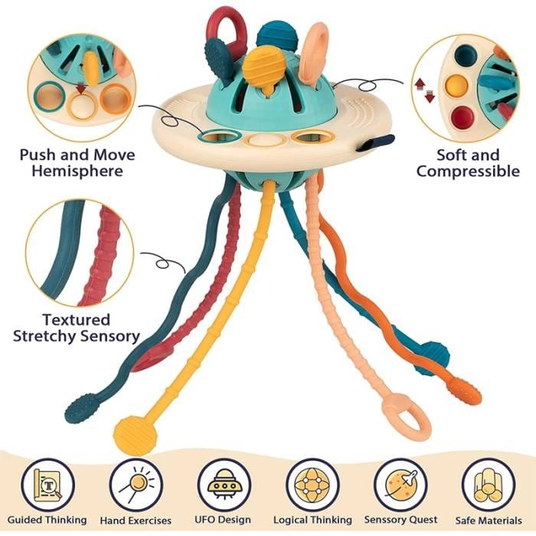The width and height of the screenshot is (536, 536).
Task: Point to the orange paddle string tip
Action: click(468, 391)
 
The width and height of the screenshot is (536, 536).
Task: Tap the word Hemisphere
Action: click(77, 171)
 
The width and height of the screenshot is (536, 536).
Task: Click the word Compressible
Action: click(467, 172)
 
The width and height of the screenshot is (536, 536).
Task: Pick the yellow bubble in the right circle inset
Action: click(457, 85)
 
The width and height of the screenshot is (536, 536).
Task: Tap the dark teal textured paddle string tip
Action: click(80, 409)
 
